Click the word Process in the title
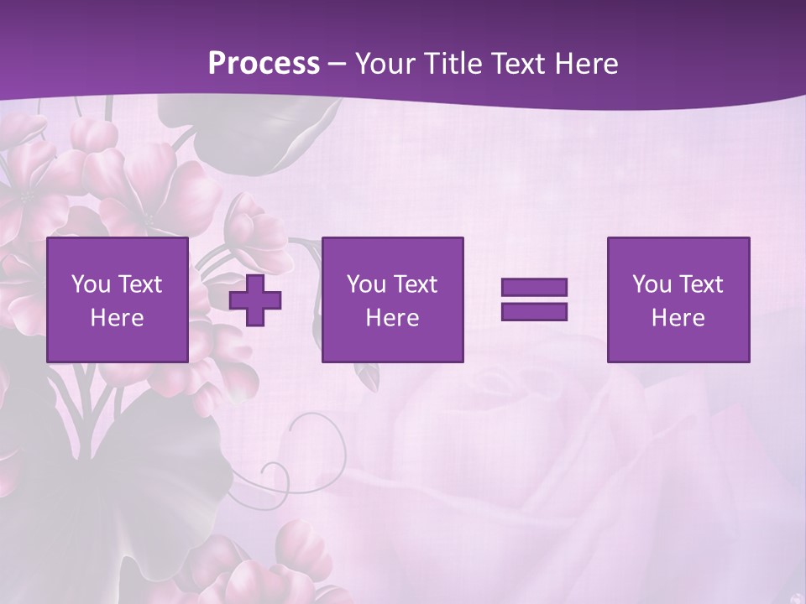pos(264,64)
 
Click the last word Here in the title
pos(587,64)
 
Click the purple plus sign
pos(255,300)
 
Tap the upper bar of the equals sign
pos(534,288)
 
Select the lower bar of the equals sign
pos(534,311)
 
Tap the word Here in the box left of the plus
pos(117,318)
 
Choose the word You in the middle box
pos(366,284)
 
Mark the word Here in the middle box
pos(392,318)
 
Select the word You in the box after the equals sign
pos(652,284)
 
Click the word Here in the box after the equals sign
pos(678,318)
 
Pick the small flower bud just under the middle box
pos(366,377)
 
